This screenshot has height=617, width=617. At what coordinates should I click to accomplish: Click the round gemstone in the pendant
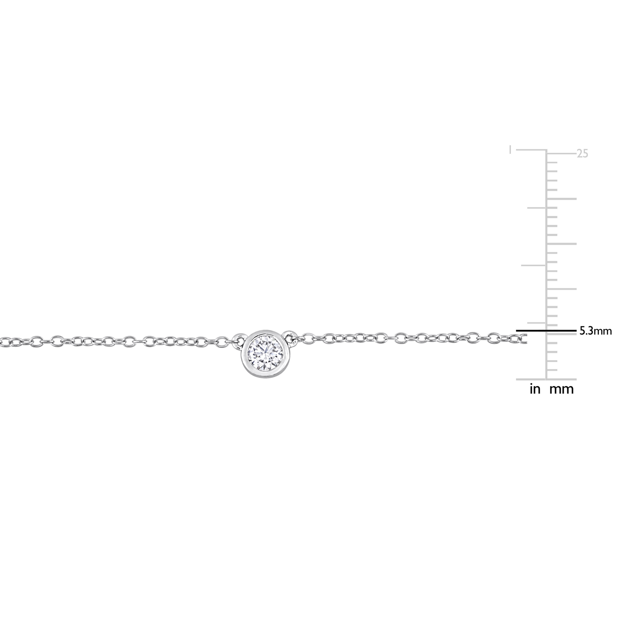(265, 351)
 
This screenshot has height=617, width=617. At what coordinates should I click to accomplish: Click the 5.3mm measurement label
(596, 331)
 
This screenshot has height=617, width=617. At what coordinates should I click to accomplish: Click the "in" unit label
(535, 389)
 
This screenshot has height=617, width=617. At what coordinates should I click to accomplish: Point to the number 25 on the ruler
(582, 154)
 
